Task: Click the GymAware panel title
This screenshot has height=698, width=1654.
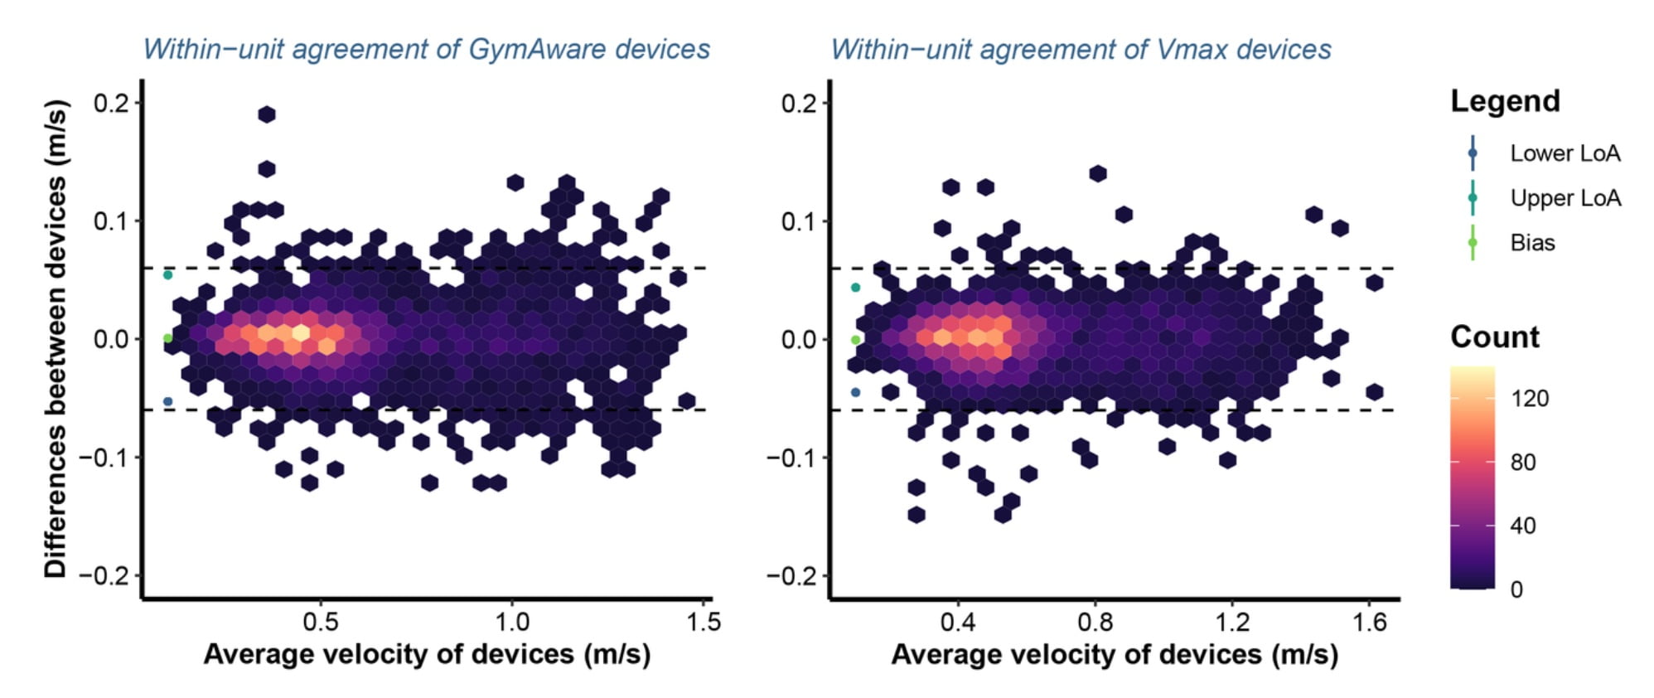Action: tap(426, 49)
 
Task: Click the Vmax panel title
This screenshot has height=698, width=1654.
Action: tap(1081, 49)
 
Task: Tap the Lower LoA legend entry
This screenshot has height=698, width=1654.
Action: tap(1564, 153)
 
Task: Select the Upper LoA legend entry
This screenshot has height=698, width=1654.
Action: tap(1564, 198)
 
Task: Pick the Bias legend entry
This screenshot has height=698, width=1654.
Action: tap(1532, 243)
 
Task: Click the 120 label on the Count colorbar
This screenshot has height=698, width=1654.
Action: tap(1529, 399)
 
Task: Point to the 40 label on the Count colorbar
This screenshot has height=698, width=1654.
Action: tap(1523, 526)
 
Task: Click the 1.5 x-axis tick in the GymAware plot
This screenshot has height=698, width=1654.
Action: tap(704, 622)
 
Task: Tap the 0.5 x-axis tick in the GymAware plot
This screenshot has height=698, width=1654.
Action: tap(321, 622)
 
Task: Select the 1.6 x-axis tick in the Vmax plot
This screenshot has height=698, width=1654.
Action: tap(1369, 622)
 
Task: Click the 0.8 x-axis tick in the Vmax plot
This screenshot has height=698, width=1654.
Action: tap(1095, 622)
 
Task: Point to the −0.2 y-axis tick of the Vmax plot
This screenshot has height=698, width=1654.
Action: tap(792, 575)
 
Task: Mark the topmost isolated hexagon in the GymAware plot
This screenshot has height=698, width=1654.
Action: tap(266, 114)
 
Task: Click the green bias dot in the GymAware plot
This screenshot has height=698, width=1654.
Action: tap(167, 338)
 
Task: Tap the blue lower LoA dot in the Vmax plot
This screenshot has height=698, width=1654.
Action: tap(856, 392)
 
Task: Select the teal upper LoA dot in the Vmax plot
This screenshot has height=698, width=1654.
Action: tap(856, 288)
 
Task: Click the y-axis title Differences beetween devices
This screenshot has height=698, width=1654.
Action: tap(56, 338)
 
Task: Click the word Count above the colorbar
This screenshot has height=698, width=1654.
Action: tap(1494, 337)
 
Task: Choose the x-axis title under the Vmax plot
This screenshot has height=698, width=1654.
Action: tap(1114, 654)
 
